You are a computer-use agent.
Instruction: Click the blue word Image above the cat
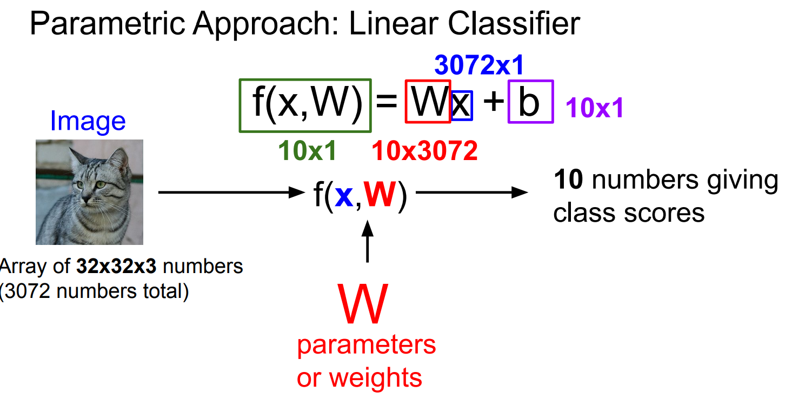coord(88,122)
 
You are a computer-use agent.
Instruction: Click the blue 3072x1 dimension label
coord(479,66)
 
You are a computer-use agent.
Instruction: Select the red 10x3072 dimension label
coord(425,152)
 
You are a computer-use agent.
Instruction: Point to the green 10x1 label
coord(308,152)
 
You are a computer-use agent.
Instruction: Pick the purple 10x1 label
coord(595,109)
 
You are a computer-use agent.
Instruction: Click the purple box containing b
coord(530,101)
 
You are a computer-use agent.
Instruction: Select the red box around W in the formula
coord(428,101)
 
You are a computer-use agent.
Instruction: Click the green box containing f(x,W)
coord(305,105)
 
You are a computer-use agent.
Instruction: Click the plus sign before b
coord(492,102)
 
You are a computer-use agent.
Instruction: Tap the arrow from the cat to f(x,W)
coord(229,192)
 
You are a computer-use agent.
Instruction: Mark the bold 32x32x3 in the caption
coord(119,267)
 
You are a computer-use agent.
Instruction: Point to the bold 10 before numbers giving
coord(568,181)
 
